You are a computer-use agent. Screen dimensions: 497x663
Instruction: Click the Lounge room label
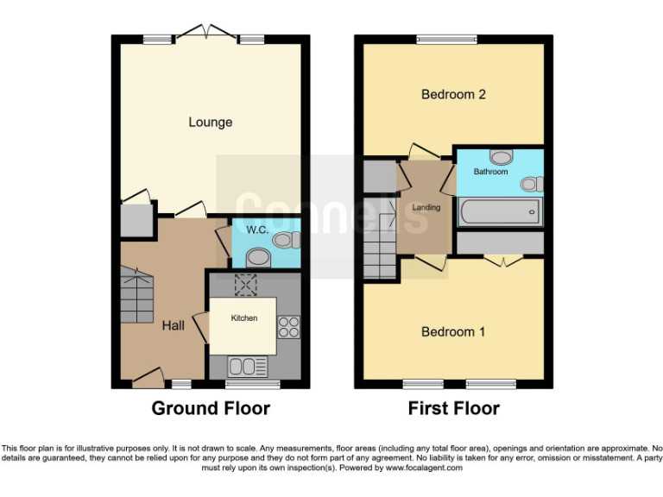(x=211, y=123)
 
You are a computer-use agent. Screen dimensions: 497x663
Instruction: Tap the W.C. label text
(x=258, y=230)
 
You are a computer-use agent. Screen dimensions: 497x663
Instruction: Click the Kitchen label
(x=243, y=318)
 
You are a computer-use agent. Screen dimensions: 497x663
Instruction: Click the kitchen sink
(x=244, y=367)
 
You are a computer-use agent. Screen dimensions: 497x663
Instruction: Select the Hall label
(x=173, y=325)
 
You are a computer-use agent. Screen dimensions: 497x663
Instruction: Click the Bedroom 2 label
(x=453, y=94)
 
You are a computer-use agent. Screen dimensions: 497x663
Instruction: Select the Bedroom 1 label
(x=453, y=331)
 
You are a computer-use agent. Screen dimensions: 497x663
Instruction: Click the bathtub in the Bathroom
(x=500, y=211)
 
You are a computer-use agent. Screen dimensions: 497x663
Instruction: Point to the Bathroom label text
(x=490, y=172)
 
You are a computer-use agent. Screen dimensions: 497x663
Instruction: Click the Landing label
(x=426, y=207)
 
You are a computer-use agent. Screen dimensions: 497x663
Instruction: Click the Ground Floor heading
(x=211, y=408)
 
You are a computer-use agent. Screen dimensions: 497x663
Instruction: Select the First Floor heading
(x=453, y=408)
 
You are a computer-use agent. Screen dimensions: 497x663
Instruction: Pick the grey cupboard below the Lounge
(x=136, y=221)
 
